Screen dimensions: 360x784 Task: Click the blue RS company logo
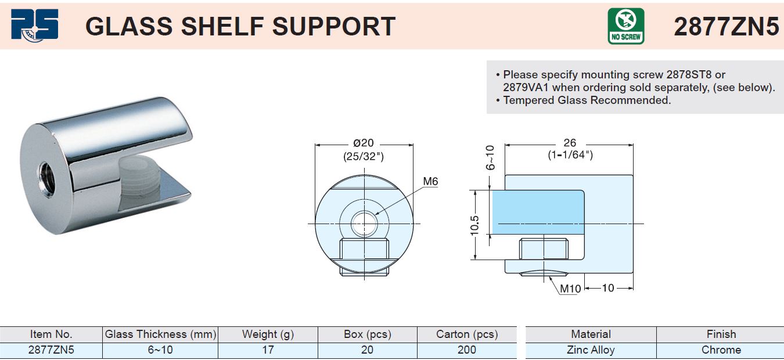(x=35, y=25)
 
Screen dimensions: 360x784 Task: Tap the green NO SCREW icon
(x=625, y=26)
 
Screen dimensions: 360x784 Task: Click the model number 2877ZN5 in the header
(x=726, y=26)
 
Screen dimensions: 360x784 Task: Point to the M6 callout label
(x=430, y=182)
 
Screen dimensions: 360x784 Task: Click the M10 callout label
(x=570, y=289)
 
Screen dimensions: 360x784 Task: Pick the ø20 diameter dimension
(x=364, y=143)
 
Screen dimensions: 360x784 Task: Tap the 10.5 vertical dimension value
(x=474, y=226)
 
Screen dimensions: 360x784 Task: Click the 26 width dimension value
(x=570, y=143)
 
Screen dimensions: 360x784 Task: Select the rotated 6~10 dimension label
(x=490, y=157)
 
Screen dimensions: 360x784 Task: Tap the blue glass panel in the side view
(x=538, y=212)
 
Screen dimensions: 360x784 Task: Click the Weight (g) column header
(x=268, y=334)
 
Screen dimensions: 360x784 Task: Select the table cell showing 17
(x=268, y=350)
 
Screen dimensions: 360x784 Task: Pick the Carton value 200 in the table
(x=466, y=350)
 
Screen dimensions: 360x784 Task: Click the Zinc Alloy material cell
(x=591, y=350)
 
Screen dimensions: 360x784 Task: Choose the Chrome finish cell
(x=721, y=350)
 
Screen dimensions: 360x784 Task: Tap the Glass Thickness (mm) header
(x=160, y=334)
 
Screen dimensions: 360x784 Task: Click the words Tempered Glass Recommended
(x=587, y=100)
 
